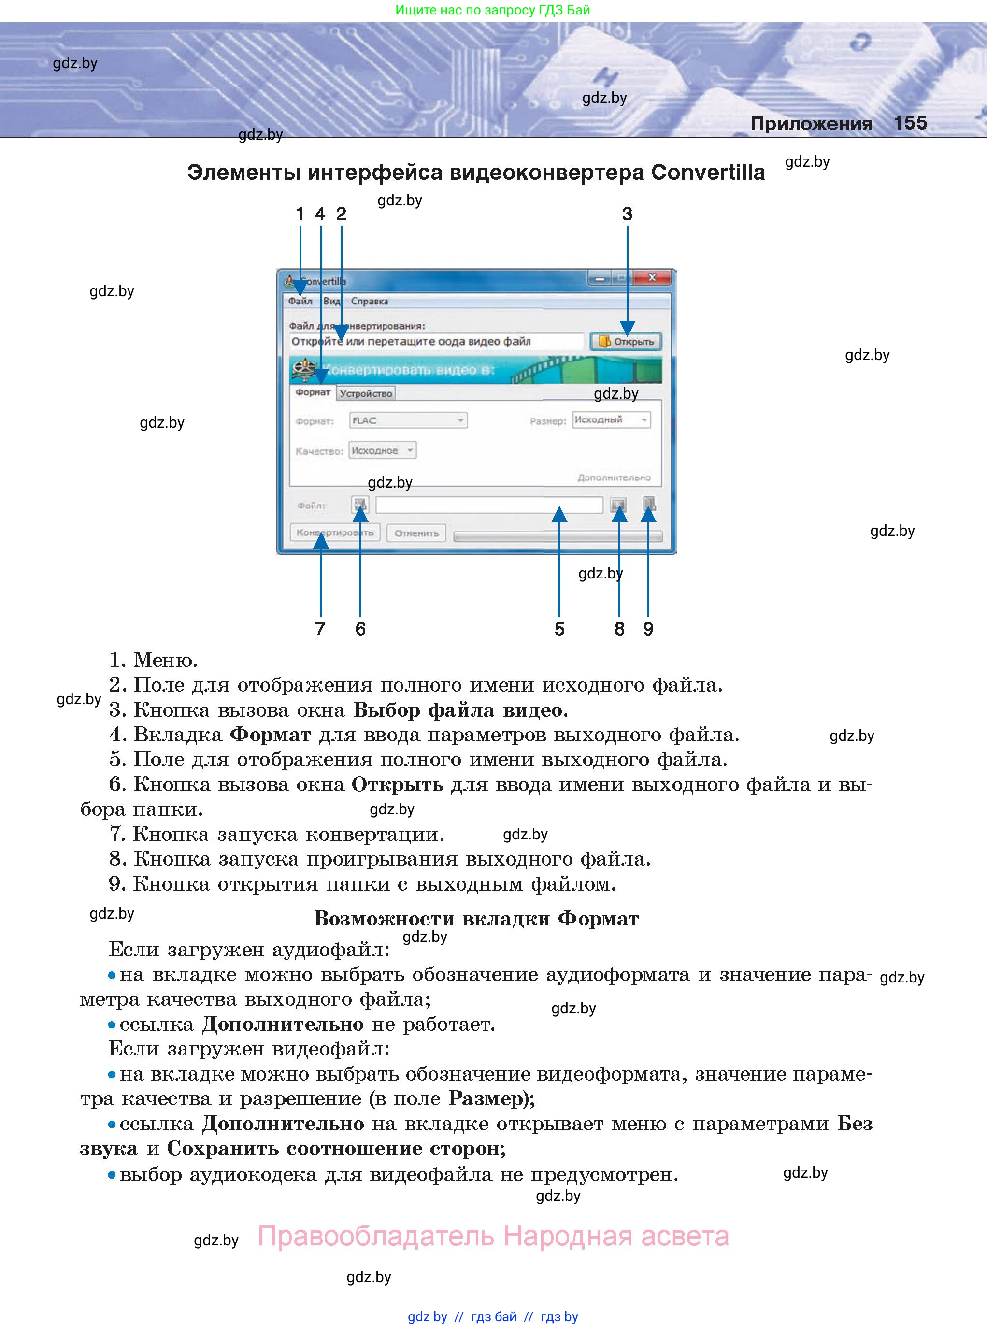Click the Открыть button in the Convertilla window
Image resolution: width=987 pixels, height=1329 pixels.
point(626,342)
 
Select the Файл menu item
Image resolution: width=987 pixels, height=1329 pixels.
point(300,301)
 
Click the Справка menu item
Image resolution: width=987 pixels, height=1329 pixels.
point(369,301)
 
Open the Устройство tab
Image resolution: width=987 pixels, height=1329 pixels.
point(366,393)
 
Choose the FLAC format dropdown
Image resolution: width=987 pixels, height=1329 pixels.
point(407,421)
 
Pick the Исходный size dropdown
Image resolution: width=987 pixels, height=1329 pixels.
point(611,419)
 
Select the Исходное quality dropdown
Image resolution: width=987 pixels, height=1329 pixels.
point(382,450)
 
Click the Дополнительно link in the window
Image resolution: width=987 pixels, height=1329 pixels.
point(614,477)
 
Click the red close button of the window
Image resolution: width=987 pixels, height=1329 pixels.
point(652,278)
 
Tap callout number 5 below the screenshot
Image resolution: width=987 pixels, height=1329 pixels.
point(559,629)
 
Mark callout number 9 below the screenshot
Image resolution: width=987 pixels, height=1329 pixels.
point(648,629)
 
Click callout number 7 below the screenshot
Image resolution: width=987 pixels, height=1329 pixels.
point(320,629)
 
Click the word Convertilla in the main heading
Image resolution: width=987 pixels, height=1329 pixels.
point(707,172)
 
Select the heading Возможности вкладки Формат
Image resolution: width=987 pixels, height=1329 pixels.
point(476,919)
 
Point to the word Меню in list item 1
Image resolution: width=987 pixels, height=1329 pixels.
point(164,660)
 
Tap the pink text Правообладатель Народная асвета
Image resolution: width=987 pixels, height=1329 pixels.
point(493,1236)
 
